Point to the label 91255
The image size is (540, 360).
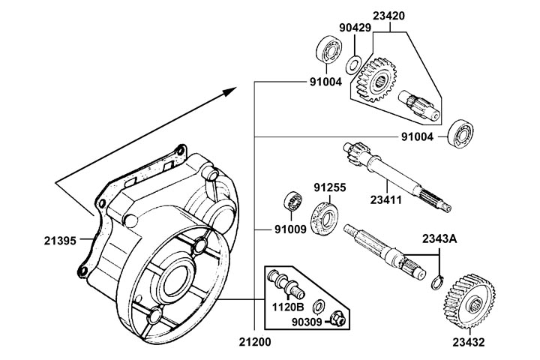(x=330, y=187)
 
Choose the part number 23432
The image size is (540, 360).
(x=469, y=343)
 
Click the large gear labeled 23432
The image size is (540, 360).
(x=469, y=300)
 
